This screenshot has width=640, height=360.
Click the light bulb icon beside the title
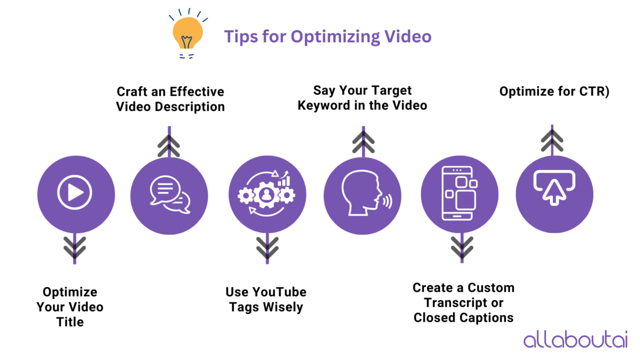[187, 34]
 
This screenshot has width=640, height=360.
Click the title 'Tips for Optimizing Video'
[327, 36]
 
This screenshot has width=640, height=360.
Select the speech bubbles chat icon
[169, 195]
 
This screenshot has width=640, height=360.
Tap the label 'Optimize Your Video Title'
[70, 306]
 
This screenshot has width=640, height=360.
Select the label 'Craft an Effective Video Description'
[170, 99]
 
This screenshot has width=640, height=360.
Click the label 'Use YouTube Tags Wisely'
[266, 299]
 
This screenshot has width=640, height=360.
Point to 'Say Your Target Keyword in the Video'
[362, 97]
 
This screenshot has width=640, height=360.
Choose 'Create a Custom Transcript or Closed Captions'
[463, 302]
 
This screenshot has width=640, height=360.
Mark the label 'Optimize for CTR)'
[554, 92]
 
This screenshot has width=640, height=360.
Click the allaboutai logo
[575, 339]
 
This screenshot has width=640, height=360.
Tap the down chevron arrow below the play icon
[75, 247]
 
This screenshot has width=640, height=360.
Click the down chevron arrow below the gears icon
[267, 247]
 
